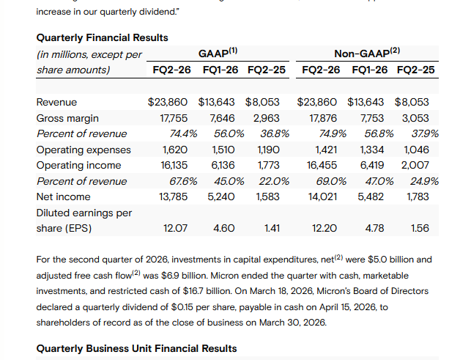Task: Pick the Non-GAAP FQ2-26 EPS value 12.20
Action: (324, 228)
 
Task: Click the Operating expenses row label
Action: (84, 150)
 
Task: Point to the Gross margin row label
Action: (67, 118)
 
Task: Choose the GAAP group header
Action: (218, 52)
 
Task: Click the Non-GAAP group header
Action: (366, 52)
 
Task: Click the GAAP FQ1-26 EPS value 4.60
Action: (223, 228)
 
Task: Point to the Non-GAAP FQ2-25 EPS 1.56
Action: (420, 228)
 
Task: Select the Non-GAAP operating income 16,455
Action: (322, 165)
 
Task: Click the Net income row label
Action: (63, 196)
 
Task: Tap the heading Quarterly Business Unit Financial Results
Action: (136, 348)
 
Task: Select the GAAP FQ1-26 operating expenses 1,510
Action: (222, 150)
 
